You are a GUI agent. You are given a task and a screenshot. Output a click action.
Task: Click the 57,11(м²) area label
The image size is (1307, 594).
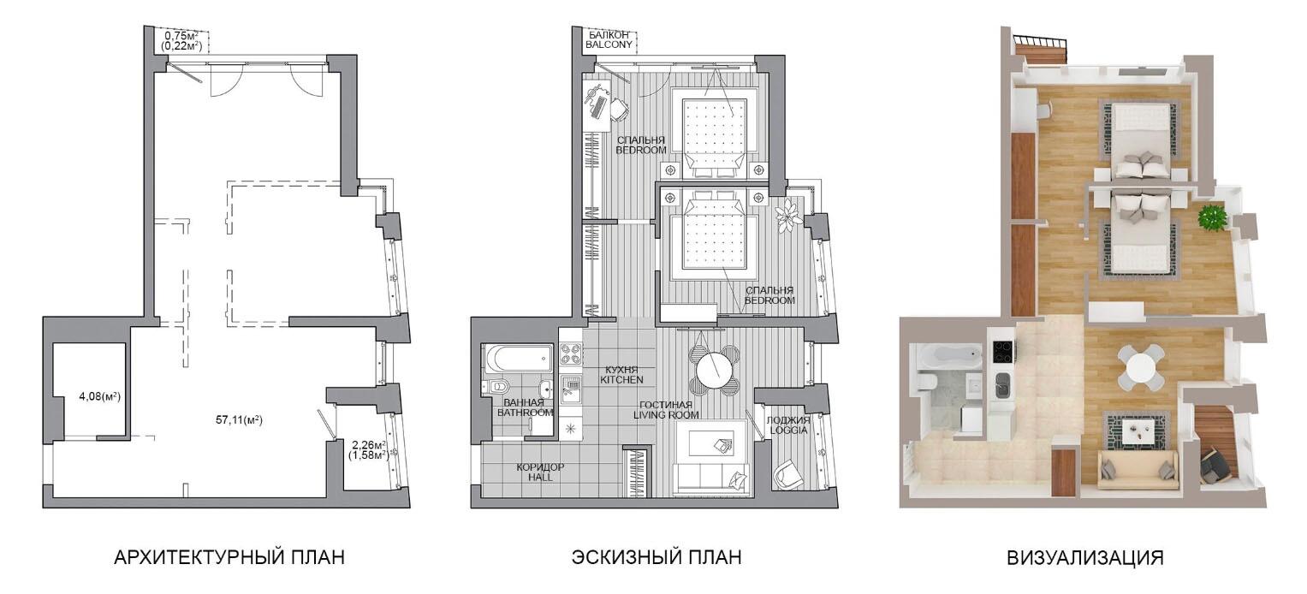click(x=239, y=419)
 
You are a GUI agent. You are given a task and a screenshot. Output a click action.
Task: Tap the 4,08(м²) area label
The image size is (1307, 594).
click(x=100, y=397)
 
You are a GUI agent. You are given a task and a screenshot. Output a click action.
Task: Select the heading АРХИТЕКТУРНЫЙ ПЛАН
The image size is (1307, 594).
click(x=229, y=557)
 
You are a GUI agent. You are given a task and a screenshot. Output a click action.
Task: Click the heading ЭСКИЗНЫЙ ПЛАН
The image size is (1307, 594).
click(x=656, y=557)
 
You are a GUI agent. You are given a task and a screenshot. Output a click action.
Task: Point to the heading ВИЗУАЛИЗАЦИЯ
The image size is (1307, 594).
click(x=1085, y=558)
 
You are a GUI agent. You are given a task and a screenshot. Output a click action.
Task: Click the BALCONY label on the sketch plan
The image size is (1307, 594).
click(x=609, y=45)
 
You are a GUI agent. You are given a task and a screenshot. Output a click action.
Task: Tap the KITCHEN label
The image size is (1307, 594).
click(x=621, y=380)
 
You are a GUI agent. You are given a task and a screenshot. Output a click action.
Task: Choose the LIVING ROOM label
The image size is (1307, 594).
click(x=666, y=415)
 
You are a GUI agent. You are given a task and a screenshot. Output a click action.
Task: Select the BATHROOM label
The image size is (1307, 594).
click(x=525, y=413)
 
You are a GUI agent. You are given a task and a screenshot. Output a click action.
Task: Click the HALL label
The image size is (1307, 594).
click(x=540, y=478)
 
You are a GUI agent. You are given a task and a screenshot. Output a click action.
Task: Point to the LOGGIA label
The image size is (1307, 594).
click(x=788, y=430)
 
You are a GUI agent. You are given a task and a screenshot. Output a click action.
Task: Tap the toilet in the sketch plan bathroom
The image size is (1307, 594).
click(x=497, y=387)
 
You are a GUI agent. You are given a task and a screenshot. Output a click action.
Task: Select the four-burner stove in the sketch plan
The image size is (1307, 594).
click(x=571, y=353)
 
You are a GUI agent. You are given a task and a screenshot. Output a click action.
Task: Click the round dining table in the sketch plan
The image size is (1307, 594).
click(x=716, y=370)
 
